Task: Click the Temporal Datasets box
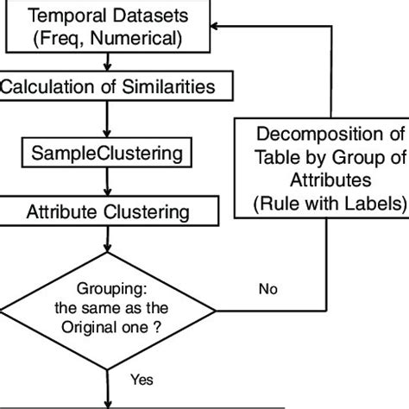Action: click(106, 26)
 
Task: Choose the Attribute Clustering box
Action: click(106, 211)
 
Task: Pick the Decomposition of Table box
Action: click(320, 168)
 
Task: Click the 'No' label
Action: click(268, 289)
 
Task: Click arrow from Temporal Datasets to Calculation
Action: click(106, 62)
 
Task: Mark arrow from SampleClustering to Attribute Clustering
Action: click(106, 183)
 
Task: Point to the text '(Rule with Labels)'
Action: click(320, 204)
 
